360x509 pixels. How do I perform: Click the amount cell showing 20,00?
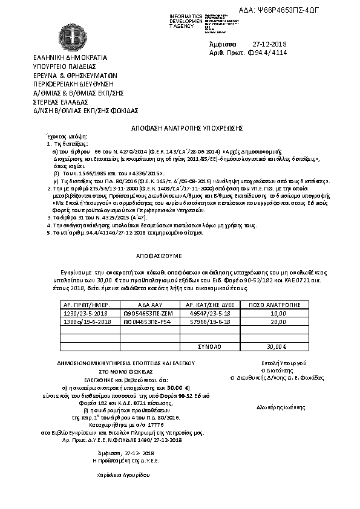click(x=278, y=323)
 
